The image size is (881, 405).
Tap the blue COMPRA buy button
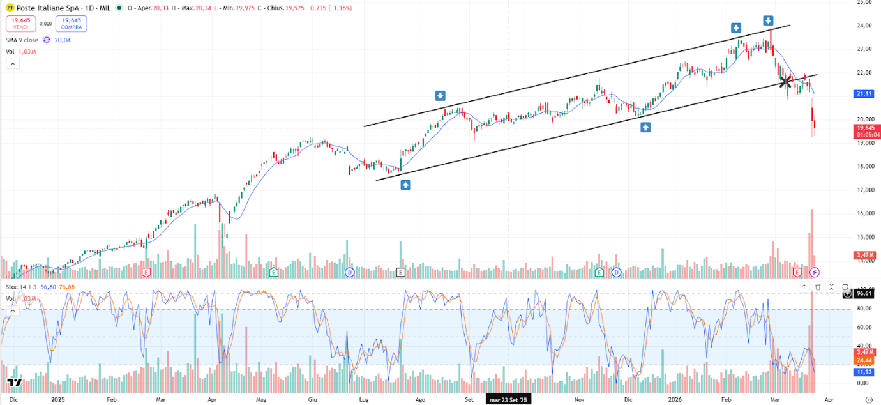tap(71, 24)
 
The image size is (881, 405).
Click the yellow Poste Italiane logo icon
tap(10, 8)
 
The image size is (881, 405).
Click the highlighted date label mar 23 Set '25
tap(508, 400)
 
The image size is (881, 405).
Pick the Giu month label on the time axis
tap(313, 400)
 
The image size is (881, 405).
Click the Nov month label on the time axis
tap(579, 400)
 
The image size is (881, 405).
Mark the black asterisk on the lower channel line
tap(786, 81)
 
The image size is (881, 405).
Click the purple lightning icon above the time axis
tap(815, 272)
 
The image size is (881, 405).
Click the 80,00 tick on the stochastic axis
tap(863, 309)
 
